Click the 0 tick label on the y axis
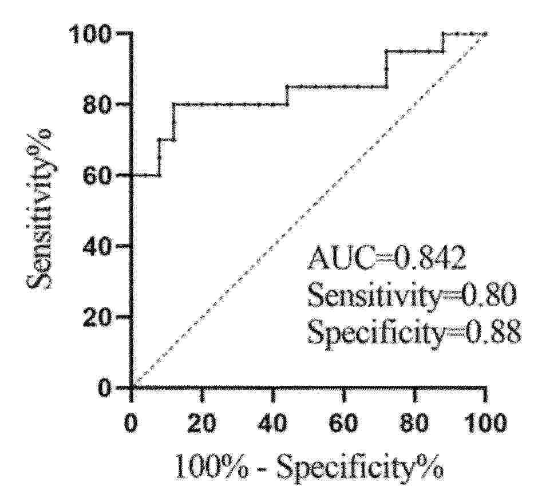point(105,388)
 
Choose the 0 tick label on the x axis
point(130,424)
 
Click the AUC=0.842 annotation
point(386,260)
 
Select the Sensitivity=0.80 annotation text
point(412,295)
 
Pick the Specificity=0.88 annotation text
point(414,331)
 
